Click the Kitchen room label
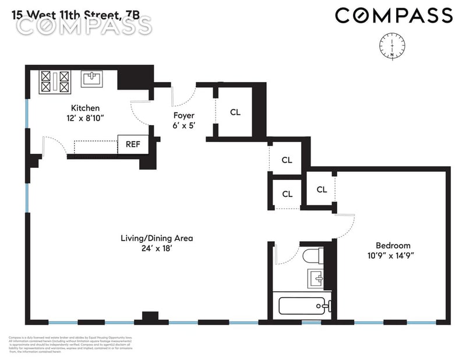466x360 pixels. (x=85, y=108)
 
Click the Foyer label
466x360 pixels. (x=183, y=115)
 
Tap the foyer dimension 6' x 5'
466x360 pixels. (x=183, y=126)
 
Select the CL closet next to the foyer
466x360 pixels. (x=235, y=112)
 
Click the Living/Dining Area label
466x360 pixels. (x=156, y=238)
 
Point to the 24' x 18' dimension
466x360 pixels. (x=156, y=249)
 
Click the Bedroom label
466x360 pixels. (x=393, y=245)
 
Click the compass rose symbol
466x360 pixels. (x=392, y=46)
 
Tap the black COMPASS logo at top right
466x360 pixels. (x=393, y=15)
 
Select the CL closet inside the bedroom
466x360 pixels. (x=322, y=189)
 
